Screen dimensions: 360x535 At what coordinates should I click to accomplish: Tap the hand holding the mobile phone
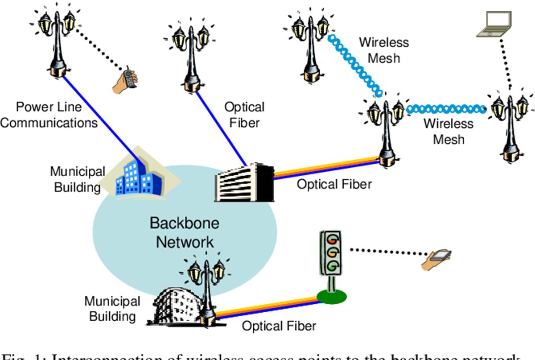click(x=125, y=82)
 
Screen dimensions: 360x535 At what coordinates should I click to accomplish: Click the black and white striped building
click(x=243, y=182)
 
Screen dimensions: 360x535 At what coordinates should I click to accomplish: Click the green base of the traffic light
click(x=331, y=295)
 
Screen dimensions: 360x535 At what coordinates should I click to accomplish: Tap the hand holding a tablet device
click(x=436, y=259)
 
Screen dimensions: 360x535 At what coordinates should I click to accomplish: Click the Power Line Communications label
click(x=49, y=115)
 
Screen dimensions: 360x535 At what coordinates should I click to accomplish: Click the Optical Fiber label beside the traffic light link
click(x=279, y=326)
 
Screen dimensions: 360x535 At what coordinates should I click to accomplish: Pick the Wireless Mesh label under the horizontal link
click(x=449, y=131)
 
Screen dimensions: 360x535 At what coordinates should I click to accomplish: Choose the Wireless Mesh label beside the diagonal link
click(x=384, y=50)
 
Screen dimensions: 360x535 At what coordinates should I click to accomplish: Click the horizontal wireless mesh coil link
click(x=446, y=108)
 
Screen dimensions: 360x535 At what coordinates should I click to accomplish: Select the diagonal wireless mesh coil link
click(x=355, y=65)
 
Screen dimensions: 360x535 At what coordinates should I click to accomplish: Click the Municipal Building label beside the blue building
click(x=78, y=179)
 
